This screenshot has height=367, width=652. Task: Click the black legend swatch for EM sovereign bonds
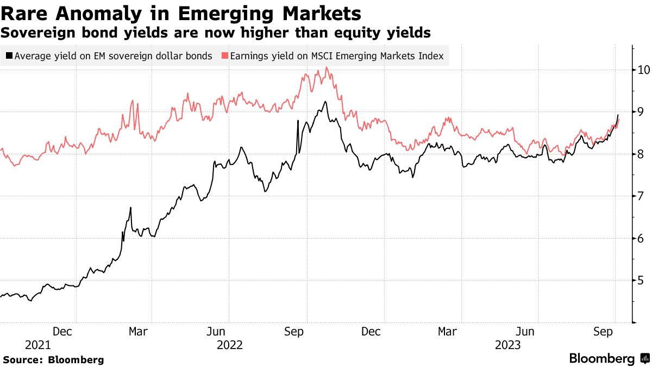coord(9,56)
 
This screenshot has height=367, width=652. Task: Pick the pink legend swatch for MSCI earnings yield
coord(224,56)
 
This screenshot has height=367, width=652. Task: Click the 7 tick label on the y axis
coord(642,196)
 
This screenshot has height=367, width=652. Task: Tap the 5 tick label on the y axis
coord(642,281)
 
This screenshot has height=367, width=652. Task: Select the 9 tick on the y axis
coord(642,112)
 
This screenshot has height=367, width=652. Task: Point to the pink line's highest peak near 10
coord(326,68)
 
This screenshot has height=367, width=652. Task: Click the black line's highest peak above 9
coord(325,102)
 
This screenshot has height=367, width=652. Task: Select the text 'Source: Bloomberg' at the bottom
coord(53,359)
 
